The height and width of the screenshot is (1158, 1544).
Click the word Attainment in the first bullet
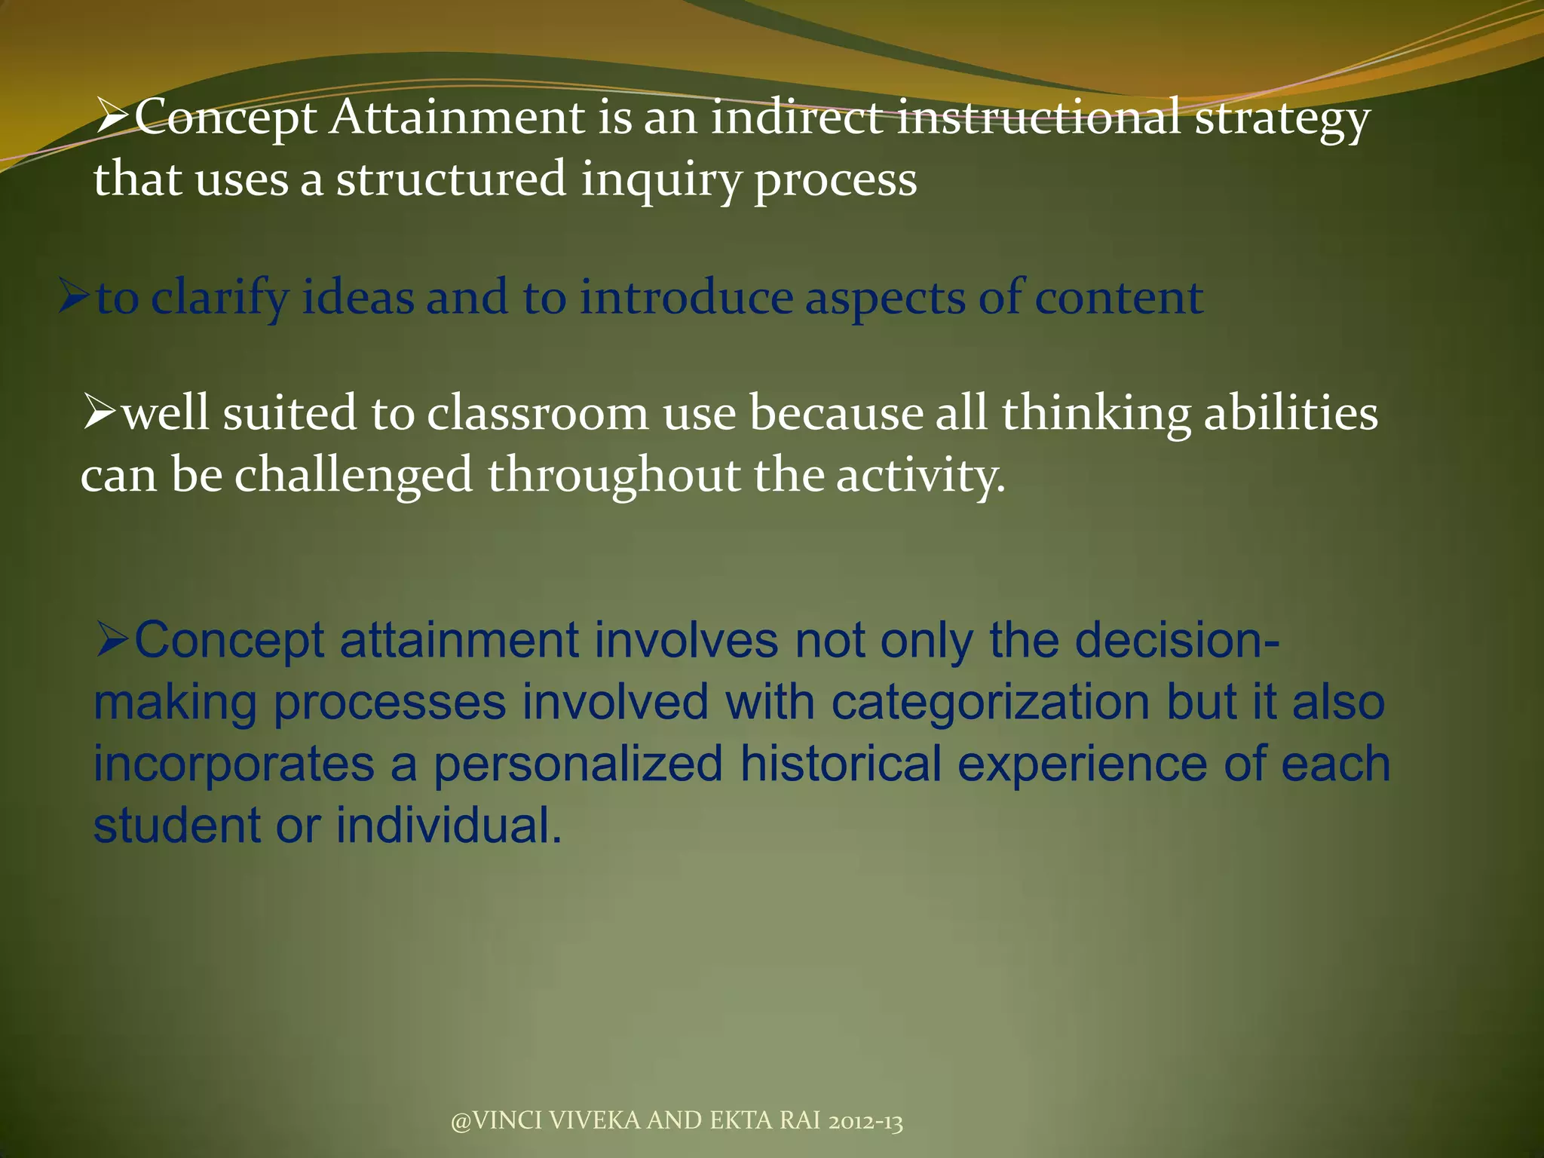pyautogui.click(x=456, y=118)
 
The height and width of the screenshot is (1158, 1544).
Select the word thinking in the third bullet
pyautogui.click(x=1095, y=415)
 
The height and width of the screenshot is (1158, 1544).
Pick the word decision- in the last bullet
pyautogui.click(x=1176, y=640)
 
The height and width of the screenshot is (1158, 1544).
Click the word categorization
pyautogui.click(x=990, y=702)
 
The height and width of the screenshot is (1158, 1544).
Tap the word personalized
pyautogui.click(x=578, y=764)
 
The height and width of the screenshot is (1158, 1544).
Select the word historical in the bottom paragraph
pyautogui.click(x=840, y=764)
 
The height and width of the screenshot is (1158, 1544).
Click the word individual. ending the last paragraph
pyautogui.click(x=449, y=826)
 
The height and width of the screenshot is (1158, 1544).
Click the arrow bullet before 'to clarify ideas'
pyautogui.click(x=75, y=298)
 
